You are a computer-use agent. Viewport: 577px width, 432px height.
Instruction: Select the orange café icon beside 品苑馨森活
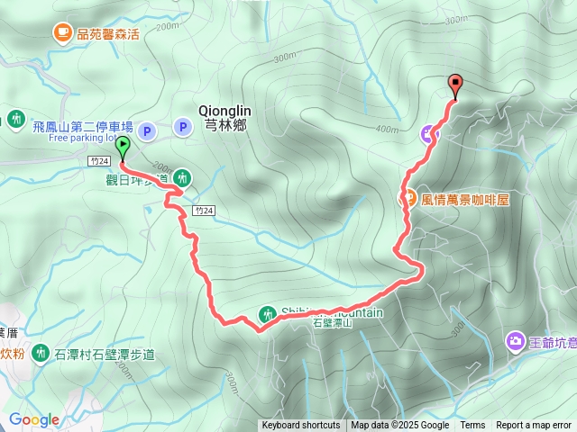click(62, 33)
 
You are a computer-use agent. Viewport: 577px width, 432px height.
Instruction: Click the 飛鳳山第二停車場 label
click(83, 128)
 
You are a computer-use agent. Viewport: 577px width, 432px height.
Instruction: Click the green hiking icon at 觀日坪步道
click(182, 177)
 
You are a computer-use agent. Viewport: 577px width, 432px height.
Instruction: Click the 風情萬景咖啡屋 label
click(465, 200)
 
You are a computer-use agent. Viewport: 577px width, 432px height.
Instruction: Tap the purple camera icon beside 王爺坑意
click(515, 340)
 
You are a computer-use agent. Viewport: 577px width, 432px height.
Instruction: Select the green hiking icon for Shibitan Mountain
click(268, 314)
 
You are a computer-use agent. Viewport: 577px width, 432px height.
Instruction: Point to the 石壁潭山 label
click(330, 323)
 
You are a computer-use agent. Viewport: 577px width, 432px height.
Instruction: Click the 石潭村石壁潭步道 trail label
click(105, 354)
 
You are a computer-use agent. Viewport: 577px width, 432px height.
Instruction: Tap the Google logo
click(33, 419)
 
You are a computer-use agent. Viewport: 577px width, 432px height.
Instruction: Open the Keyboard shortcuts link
click(301, 426)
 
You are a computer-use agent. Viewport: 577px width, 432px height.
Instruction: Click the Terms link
click(472, 426)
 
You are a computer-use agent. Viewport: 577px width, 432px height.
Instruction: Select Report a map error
click(534, 426)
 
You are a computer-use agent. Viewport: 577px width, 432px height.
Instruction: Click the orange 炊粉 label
click(11, 354)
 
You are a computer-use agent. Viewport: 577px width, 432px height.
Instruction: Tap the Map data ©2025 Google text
click(400, 426)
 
